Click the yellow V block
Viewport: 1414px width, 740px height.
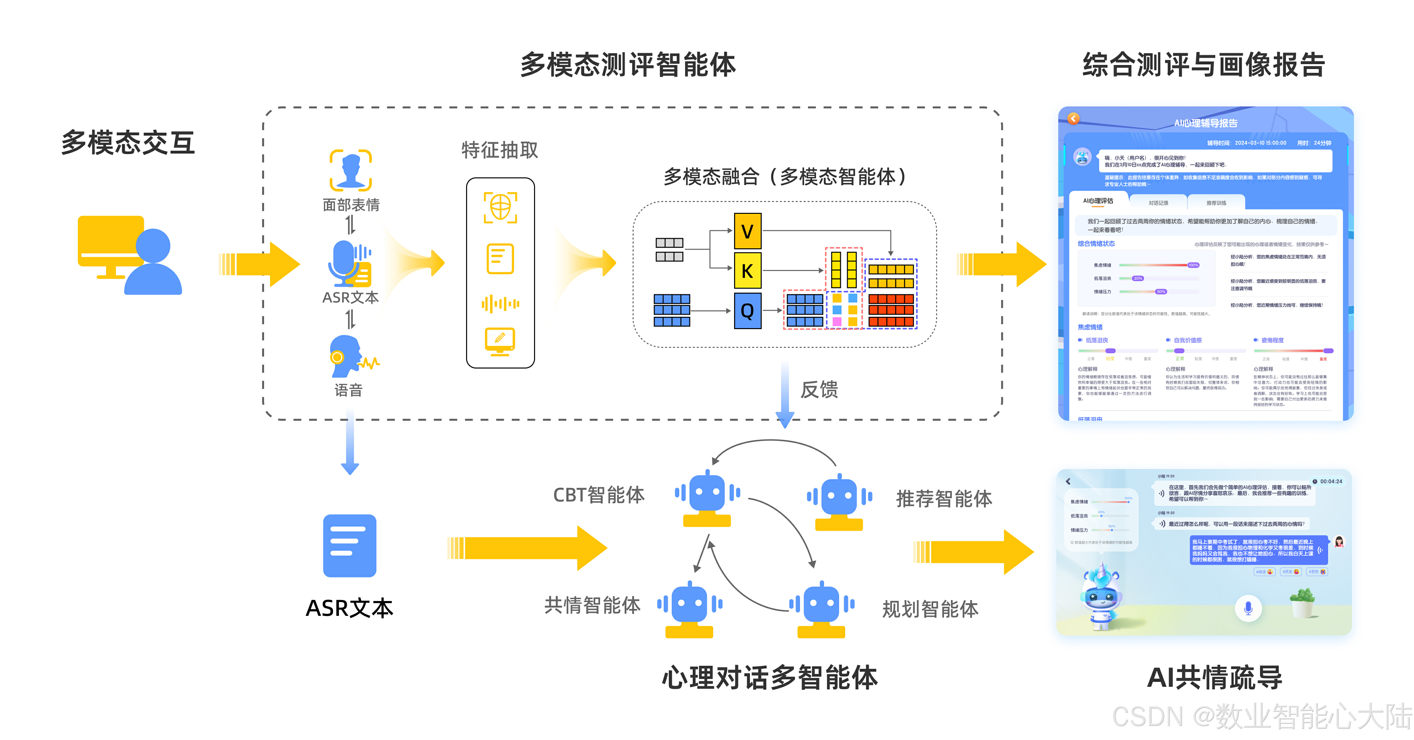[748, 231]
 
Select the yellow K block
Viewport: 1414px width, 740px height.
[748, 271]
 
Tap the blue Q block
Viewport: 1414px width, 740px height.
[748, 311]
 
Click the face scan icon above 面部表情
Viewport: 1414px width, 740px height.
[351, 170]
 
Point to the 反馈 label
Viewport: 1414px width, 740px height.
[819, 390]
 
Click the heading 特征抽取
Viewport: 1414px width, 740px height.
[500, 150]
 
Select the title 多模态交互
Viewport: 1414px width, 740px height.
[128, 143]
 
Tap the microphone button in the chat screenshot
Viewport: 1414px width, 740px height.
[1248, 608]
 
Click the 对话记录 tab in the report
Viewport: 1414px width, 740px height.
[1158, 203]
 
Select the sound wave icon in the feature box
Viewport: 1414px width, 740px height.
[500, 303]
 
